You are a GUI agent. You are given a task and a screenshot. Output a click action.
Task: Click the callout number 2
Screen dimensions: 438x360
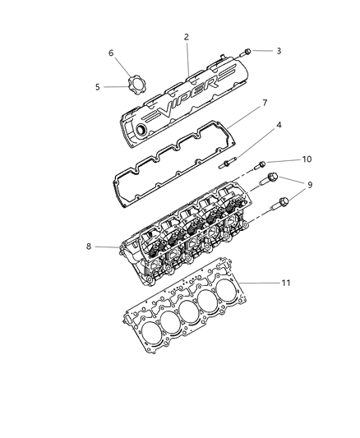point(187,37)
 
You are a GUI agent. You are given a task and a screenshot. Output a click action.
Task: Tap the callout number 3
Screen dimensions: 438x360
point(279,51)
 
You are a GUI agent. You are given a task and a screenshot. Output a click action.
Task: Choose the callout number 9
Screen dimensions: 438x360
point(287,186)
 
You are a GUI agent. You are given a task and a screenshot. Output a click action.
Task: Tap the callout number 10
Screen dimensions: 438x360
point(284,159)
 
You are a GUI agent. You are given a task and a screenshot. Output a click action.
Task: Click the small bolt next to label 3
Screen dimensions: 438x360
point(247,52)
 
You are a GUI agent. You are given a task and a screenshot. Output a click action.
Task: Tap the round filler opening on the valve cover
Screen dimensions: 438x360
point(145,129)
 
